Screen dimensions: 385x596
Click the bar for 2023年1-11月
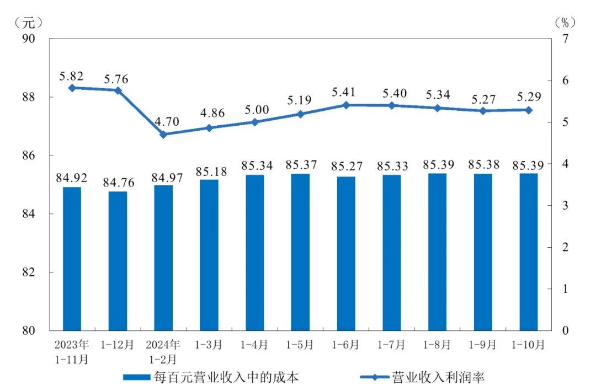click(x=72, y=259)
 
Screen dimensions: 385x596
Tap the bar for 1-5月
click(x=300, y=252)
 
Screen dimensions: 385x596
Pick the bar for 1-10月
click(x=528, y=252)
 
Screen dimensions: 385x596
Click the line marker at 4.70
click(x=163, y=134)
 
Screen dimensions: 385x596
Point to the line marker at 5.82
click(x=72, y=88)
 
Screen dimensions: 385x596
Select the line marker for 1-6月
click(x=346, y=105)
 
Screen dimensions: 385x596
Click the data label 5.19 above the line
click(x=300, y=100)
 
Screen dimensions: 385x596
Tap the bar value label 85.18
click(x=209, y=170)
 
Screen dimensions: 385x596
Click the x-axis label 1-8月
click(x=437, y=345)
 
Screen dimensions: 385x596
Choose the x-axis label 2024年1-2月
click(x=163, y=351)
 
